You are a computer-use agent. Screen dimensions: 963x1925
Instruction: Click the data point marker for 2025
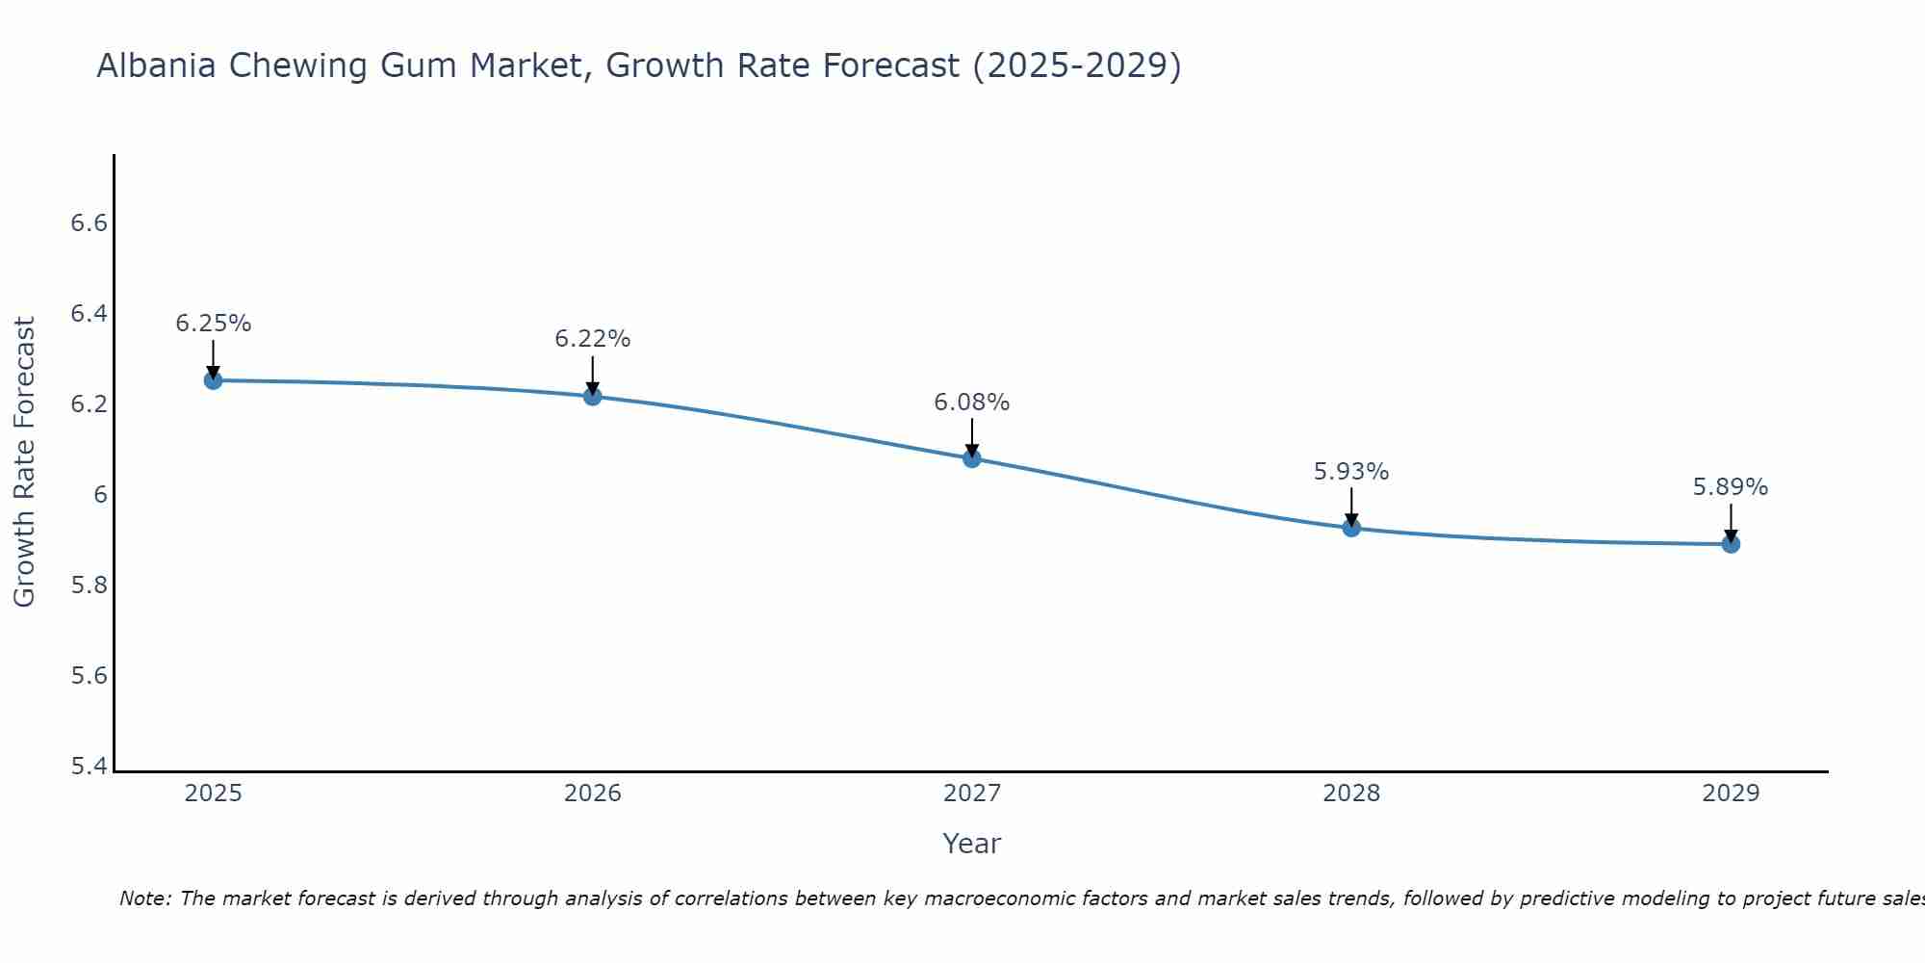[x=214, y=380]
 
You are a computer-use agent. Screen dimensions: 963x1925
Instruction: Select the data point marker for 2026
[x=593, y=396]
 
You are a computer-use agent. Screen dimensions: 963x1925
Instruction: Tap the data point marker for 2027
[x=972, y=458]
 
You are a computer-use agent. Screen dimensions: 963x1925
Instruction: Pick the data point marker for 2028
[x=1351, y=528]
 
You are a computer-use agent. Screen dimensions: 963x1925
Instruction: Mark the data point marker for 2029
[x=1731, y=544]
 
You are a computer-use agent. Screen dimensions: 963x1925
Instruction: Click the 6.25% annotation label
[x=214, y=324]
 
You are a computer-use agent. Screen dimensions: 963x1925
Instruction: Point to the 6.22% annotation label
[x=593, y=339]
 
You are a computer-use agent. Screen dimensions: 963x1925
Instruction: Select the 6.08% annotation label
[x=972, y=403]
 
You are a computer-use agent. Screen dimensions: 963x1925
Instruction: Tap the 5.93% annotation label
[x=1351, y=472]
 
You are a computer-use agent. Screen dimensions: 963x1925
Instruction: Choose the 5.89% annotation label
[x=1731, y=487]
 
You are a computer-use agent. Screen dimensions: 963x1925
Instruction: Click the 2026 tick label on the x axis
[x=593, y=794]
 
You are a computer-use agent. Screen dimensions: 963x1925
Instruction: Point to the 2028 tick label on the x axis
[x=1351, y=794]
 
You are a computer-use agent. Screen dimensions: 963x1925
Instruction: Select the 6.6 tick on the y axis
[x=89, y=223]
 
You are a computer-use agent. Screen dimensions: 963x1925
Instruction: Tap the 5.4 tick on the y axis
[x=89, y=767]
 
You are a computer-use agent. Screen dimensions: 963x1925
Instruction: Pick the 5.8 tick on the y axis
[x=89, y=586]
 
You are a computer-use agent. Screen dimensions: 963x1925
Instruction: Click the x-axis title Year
[x=972, y=844]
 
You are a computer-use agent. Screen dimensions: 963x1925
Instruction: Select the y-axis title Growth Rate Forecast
[x=24, y=462]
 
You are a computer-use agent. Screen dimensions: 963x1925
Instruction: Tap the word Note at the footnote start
[x=144, y=898]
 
